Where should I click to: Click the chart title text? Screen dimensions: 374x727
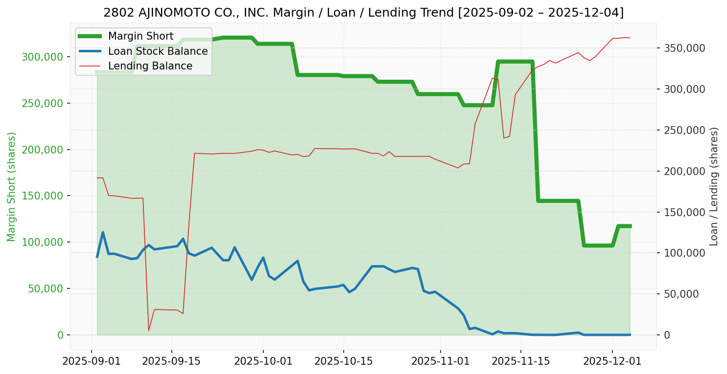click(x=363, y=13)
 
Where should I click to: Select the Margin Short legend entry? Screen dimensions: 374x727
click(x=141, y=36)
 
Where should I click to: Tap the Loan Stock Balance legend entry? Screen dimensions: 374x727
click(x=158, y=51)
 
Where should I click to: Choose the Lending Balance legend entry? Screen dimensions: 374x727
click(x=150, y=66)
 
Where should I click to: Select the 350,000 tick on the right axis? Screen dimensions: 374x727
click(x=684, y=48)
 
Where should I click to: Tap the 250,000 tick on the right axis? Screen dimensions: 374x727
click(x=684, y=130)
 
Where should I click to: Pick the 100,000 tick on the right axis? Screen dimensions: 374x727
click(x=684, y=253)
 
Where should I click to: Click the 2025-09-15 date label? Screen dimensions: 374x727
click(x=171, y=362)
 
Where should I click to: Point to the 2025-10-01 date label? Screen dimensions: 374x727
click(x=263, y=362)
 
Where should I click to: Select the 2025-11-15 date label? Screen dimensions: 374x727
click(x=520, y=362)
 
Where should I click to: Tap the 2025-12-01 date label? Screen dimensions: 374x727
click(x=612, y=362)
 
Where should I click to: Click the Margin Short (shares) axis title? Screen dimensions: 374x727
click(x=11, y=186)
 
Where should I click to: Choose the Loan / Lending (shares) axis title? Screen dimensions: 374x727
click(x=714, y=186)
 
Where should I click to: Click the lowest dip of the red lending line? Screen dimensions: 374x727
click(x=149, y=330)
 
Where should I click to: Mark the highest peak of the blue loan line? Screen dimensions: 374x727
click(x=103, y=232)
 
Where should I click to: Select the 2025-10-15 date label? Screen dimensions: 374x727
click(x=343, y=362)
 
